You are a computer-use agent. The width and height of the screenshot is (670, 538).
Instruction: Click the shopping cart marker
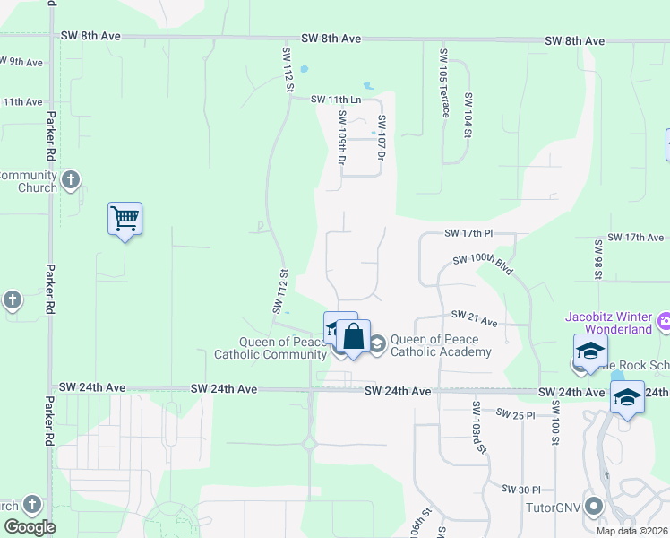click(x=125, y=218)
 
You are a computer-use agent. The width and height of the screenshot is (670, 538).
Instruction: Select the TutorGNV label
click(x=553, y=507)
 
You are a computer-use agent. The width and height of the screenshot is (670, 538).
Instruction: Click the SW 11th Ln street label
click(x=336, y=100)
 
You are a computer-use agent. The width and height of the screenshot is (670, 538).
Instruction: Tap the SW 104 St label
click(x=467, y=115)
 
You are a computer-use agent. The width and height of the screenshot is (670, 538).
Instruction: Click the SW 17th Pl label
click(x=468, y=233)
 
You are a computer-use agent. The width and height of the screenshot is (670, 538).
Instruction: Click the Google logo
click(x=30, y=527)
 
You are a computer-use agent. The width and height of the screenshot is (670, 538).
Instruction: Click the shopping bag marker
click(x=354, y=338)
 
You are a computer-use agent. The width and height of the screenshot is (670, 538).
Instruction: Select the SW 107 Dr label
click(x=381, y=138)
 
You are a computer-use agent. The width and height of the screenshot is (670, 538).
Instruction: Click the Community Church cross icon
click(x=72, y=180)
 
